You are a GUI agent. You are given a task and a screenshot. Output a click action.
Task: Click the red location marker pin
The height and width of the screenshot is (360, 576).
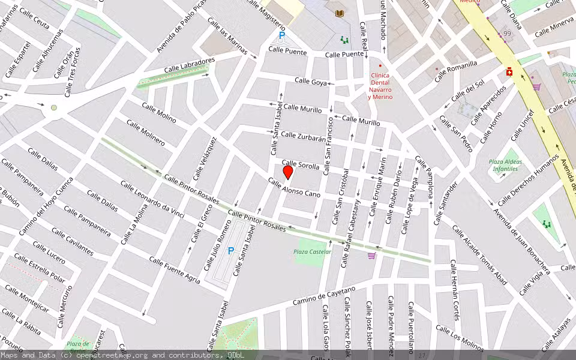click(x=288, y=172)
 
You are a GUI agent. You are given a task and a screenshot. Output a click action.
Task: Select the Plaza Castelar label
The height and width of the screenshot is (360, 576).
click(x=313, y=252)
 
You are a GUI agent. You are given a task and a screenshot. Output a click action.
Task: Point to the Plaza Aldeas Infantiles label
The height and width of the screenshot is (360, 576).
click(x=505, y=166)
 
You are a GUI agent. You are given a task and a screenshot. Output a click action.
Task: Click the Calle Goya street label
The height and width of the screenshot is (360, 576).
click(x=311, y=81)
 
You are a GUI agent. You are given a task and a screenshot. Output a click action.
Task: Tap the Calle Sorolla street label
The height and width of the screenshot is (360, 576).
click(x=301, y=164)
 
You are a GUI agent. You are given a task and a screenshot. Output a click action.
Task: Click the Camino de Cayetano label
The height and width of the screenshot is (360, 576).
click(x=324, y=296)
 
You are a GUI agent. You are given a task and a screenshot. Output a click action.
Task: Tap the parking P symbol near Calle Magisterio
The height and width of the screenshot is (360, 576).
click(x=281, y=35)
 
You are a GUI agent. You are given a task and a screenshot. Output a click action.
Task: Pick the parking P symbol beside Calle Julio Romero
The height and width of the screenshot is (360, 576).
click(x=230, y=251)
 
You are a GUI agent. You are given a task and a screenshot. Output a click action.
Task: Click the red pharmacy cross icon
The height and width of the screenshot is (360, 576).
click(x=509, y=72)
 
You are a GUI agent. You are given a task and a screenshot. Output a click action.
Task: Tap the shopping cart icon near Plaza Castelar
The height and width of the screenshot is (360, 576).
click(x=371, y=256)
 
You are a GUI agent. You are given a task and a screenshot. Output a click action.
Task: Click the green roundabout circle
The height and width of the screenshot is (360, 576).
click(x=54, y=108)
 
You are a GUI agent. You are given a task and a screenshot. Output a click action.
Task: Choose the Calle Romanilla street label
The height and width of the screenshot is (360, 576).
click(x=456, y=71)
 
